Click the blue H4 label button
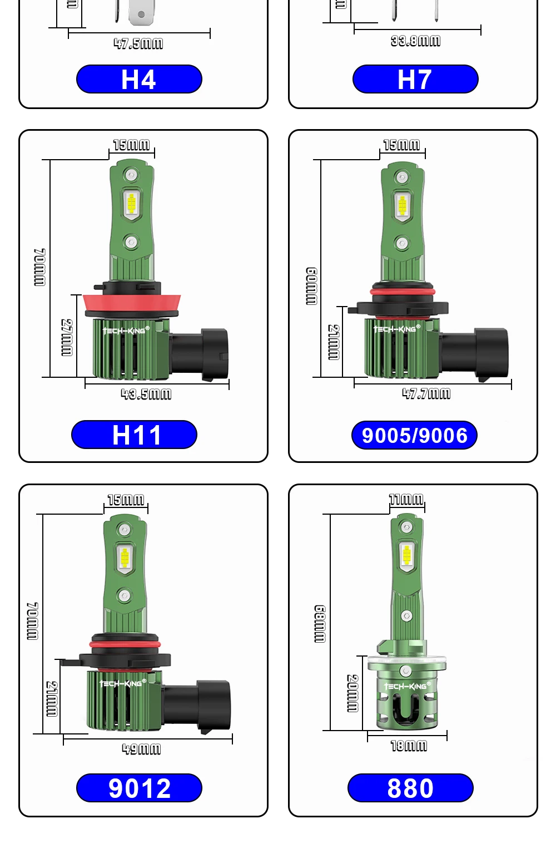(139, 79)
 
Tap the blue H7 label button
(415, 79)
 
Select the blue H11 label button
(134, 435)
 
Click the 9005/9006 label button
(414, 435)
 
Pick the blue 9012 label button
(139, 788)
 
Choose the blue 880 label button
(410, 788)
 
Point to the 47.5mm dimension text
(138, 43)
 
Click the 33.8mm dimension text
(415, 41)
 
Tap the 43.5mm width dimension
(146, 394)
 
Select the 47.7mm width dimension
(426, 393)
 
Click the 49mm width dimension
(141, 748)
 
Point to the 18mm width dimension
(409, 746)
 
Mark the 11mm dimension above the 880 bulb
(406, 499)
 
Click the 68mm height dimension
(320, 624)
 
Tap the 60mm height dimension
(312, 286)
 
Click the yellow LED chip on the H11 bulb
(131, 204)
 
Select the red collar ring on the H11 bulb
(132, 303)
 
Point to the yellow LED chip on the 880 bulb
(406, 554)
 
